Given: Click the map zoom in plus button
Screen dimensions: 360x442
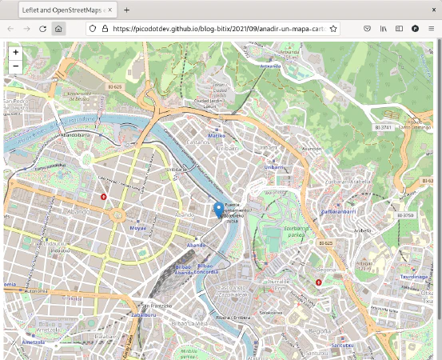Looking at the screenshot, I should [x=15, y=52].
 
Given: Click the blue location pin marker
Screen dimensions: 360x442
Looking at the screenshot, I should [x=218, y=210].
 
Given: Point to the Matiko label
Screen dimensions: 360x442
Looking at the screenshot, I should [x=217, y=136].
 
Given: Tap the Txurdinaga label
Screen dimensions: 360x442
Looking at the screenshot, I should [x=414, y=277].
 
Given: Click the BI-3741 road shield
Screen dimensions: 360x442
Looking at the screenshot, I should [x=385, y=127].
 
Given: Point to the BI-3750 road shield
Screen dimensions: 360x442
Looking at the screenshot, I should [x=408, y=215].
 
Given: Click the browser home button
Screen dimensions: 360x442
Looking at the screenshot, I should [x=58, y=28].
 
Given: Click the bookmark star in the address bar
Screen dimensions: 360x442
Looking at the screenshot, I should [x=333, y=28].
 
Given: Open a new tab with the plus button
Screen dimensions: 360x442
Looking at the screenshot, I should [x=126, y=9].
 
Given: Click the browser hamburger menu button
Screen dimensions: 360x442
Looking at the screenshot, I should [x=432, y=28].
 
